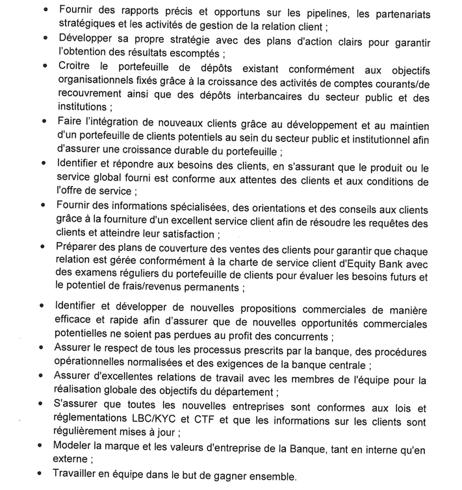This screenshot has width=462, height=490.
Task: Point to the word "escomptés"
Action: tap(190, 53)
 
